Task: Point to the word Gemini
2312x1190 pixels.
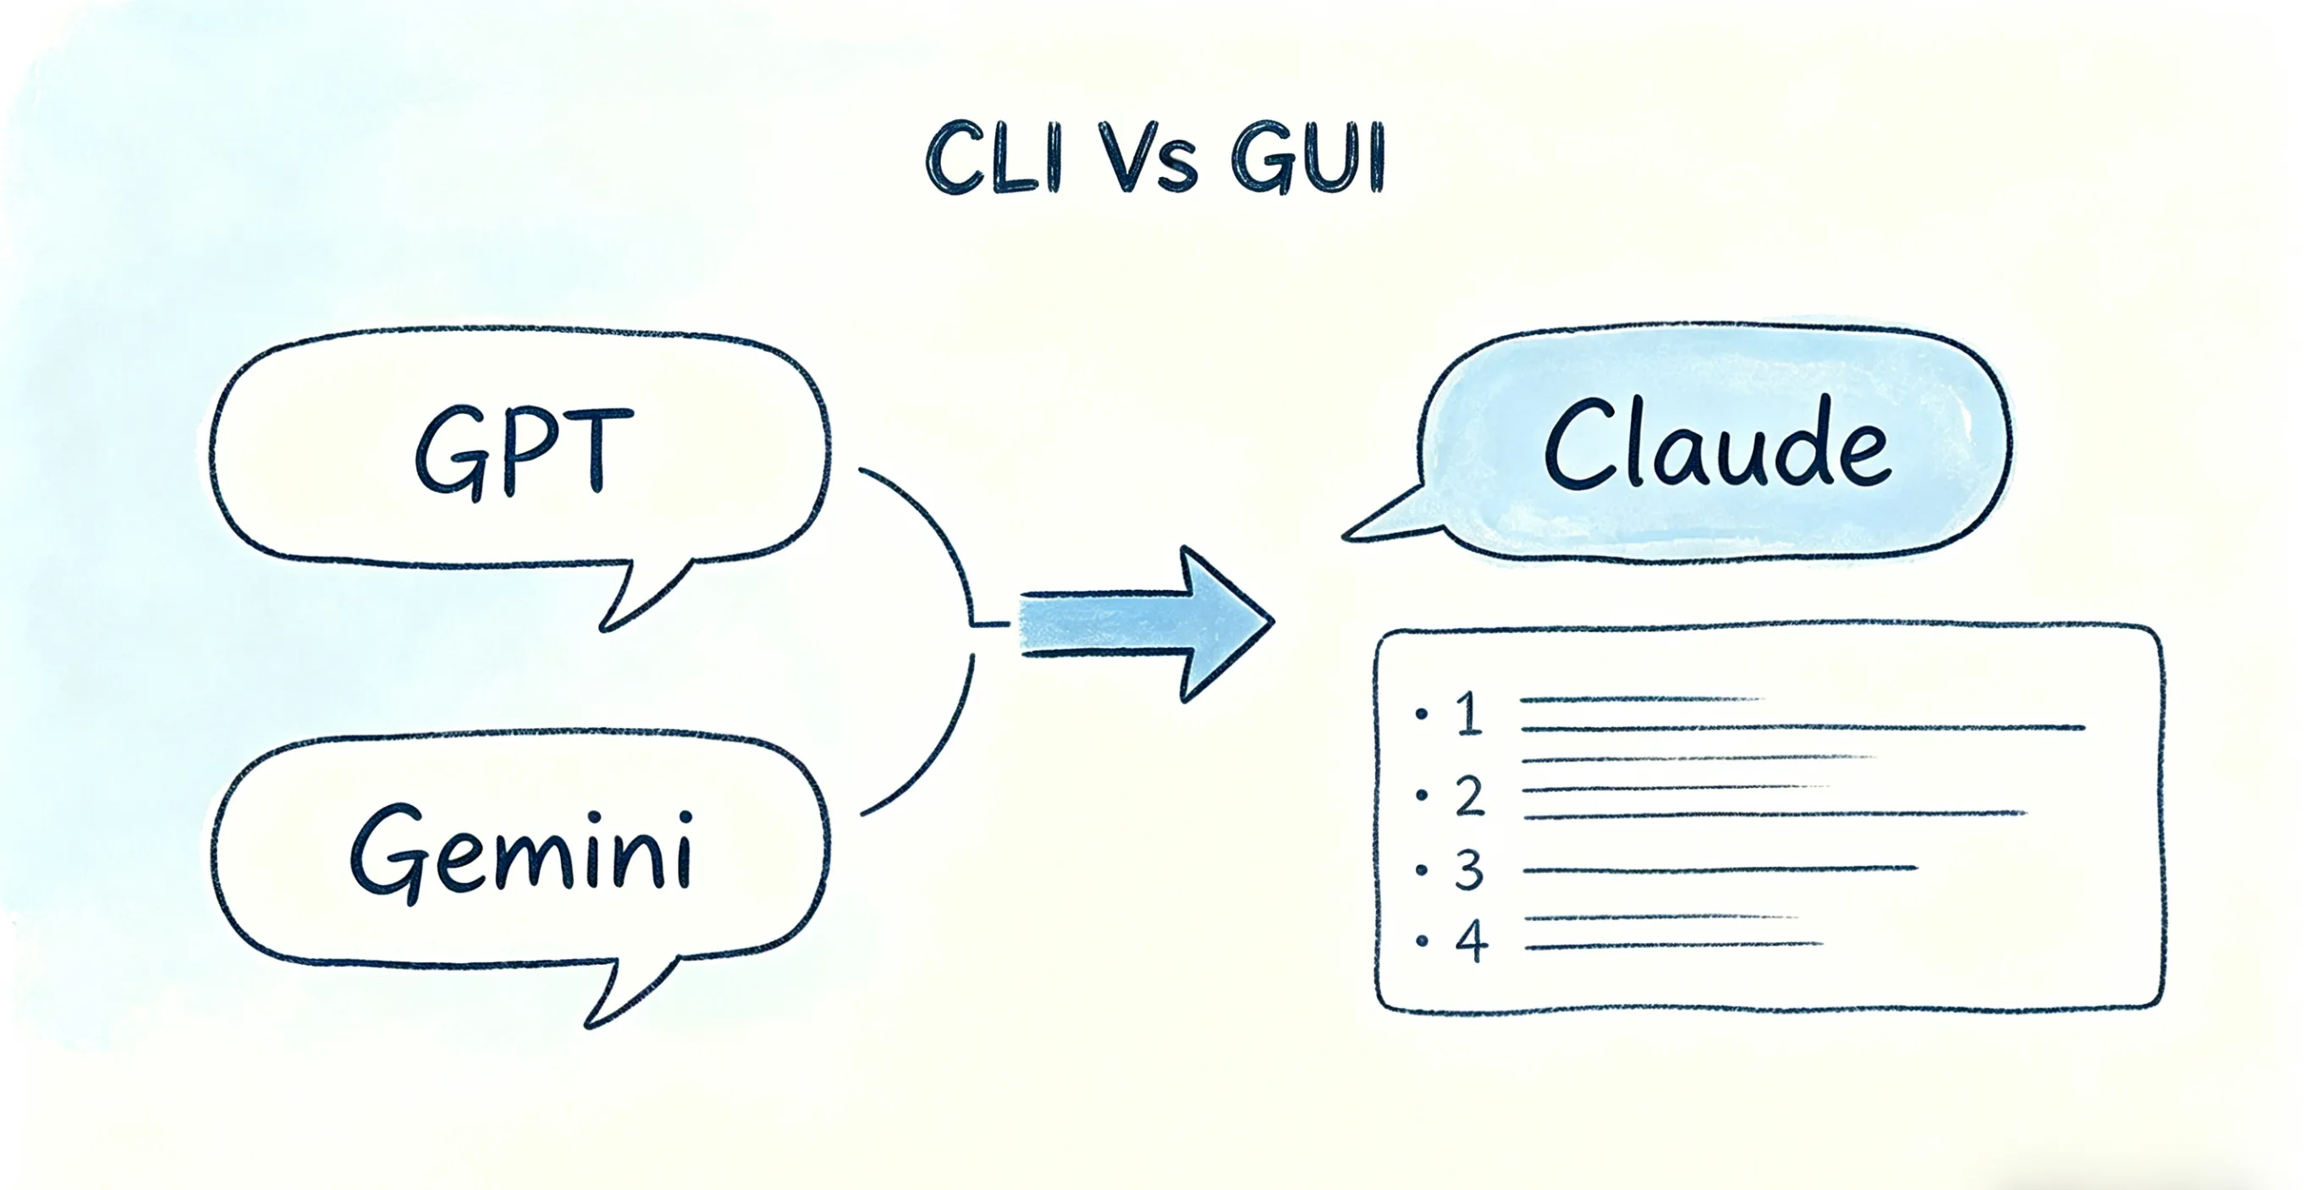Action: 521,851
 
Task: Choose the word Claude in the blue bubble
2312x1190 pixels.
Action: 1716,445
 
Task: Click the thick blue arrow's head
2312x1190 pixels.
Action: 1225,623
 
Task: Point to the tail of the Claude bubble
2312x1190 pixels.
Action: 1391,519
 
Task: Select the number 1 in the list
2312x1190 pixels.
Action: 1469,714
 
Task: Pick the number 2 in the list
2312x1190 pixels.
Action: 1469,796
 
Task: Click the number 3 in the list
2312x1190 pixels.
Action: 1469,869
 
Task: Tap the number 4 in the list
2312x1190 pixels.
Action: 1471,941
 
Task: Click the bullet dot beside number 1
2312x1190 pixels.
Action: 1421,714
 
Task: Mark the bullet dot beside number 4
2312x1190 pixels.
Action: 1422,941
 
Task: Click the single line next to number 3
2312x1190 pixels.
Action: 1719,868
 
